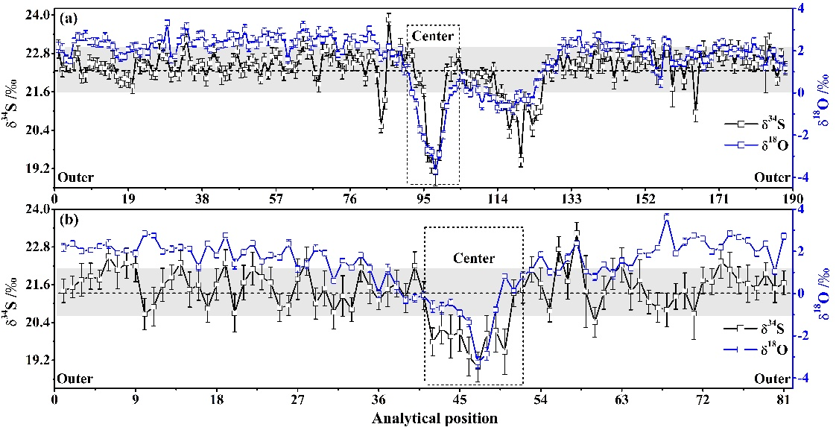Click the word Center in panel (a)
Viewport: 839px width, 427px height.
click(x=432, y=36)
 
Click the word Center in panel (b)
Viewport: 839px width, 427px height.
click(x=473, y=259)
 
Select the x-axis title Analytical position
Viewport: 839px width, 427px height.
click(x=434, y=418)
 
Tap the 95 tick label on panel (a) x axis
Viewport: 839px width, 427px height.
click(x=424, y=200)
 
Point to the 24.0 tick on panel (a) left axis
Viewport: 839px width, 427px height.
click(x=37, y=15)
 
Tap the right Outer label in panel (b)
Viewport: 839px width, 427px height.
click(x=770, y=379)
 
